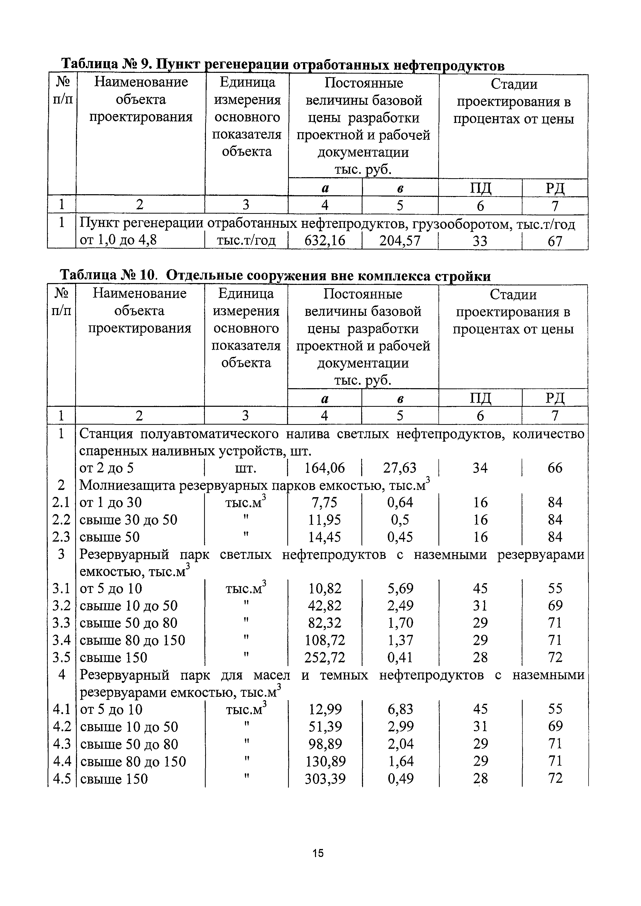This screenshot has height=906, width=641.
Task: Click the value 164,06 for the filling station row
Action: (325, 468)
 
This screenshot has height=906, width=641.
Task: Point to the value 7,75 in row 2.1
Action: (325, 502)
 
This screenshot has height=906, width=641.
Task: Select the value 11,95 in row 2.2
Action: (325, 520)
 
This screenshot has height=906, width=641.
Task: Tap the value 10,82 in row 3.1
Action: (325, 589)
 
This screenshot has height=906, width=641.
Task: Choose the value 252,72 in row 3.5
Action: (325, 657)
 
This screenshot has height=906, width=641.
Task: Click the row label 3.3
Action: (61, 623)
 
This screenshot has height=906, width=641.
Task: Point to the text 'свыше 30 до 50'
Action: (128, 520)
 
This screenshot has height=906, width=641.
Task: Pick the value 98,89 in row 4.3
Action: (325, 744)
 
